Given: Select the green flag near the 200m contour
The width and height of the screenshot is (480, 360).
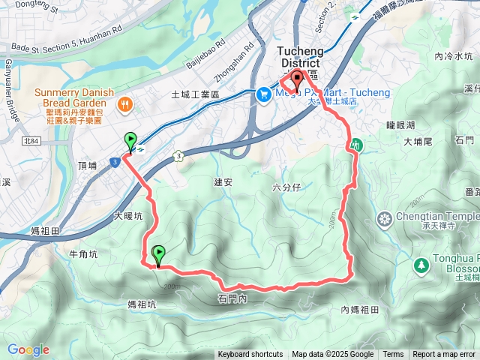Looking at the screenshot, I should click(x=158, y=255).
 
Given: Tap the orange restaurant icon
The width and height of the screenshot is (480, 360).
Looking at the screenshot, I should click(x=125, y=106).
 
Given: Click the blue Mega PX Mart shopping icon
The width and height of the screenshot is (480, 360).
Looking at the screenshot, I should click(x=263, y=94).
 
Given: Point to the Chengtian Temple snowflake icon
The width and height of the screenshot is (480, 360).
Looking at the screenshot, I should click(x=385, y=219).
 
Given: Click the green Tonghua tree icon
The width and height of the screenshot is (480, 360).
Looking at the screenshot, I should click(x=421, y=265).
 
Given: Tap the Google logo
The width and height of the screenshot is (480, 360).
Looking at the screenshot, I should click(x=28, y=349).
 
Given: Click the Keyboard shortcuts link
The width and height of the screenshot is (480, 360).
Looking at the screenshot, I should click(x=250, y=355).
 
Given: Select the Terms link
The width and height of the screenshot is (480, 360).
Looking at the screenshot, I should click(x=393, y=355).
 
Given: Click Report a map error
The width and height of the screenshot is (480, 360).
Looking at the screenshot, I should click(x=444, y=355).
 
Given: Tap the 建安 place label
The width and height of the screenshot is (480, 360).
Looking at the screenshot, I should click(x=223, y=182).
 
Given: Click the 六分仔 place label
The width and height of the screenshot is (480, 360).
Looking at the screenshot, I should click(x=286, y=187).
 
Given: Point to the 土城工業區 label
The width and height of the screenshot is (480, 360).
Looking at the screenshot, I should click(x=195, y=95).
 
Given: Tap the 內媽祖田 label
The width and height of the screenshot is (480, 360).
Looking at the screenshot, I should click(x=359, y=310).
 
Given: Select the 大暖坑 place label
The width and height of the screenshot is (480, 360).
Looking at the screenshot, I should click(x=127, y=216).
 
